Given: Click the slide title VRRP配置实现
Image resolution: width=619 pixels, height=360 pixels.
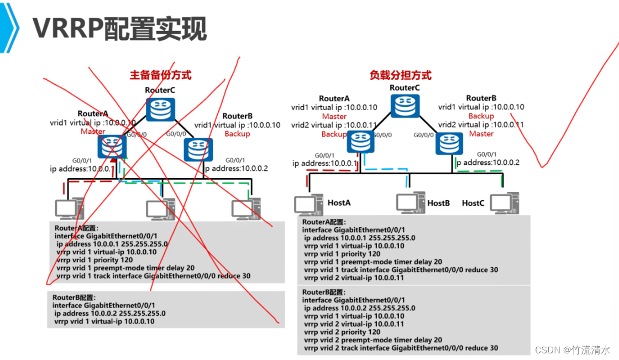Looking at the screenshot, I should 119,29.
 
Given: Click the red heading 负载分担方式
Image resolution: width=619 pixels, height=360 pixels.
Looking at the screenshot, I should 400,75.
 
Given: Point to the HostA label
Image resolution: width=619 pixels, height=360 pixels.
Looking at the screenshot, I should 339,203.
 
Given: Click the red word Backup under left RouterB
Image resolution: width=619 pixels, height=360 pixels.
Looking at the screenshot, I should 237,134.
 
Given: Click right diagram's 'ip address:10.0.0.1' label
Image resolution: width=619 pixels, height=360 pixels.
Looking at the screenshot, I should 324,163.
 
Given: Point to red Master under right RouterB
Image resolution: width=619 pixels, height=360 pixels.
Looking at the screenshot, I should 481,134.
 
